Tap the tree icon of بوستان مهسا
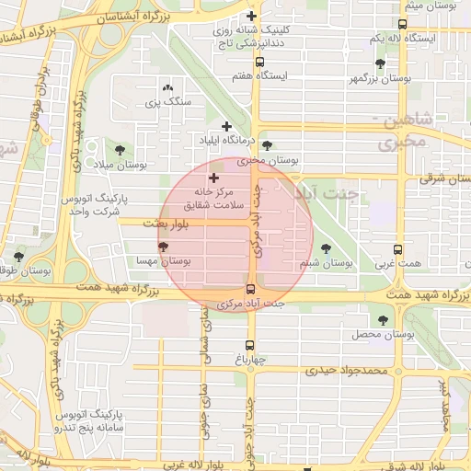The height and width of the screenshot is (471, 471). pos(164,247)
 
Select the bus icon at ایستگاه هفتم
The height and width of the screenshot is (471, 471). pos(259,63)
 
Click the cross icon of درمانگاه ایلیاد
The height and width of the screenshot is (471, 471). pos(227,125)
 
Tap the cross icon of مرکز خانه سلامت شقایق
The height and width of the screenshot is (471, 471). pos(214,178)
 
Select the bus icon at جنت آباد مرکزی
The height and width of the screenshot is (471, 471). pos(251,289)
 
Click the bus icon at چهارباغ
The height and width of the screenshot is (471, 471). pos(248,346)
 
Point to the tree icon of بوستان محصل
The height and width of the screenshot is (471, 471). pos(383,319)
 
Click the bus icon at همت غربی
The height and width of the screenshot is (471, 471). pos(397,249)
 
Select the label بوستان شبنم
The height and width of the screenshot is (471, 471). pos(326,263)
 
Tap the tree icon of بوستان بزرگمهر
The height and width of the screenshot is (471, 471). pos(380,63)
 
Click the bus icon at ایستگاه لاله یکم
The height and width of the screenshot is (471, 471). pos(401,25)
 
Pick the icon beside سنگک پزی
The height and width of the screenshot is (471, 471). pos(167,86)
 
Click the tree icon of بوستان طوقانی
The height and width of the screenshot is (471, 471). pos(19,257)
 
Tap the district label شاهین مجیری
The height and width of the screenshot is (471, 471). pos(402,132)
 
